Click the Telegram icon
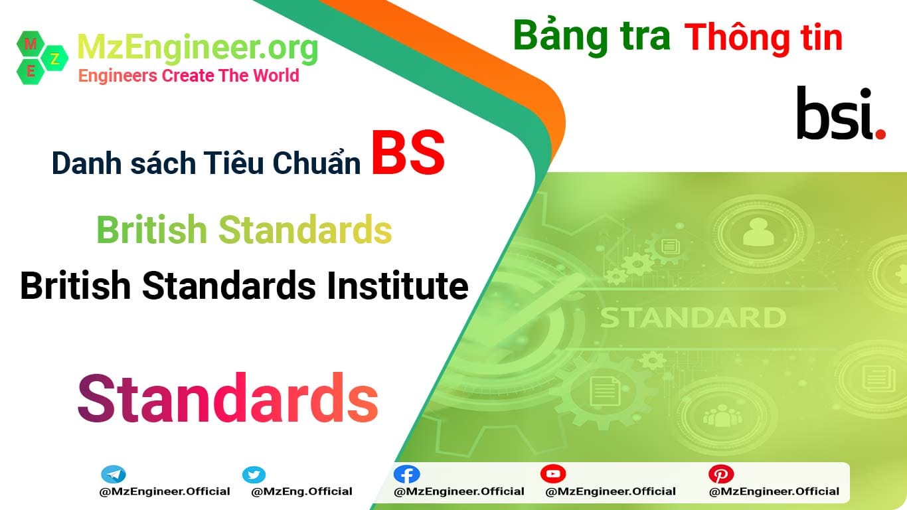coord(114,475)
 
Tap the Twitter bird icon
coord(254,475)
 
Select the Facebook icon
coord(406,474)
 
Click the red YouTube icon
coord(552,473)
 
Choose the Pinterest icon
coord(720,474)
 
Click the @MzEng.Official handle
coord(301,492)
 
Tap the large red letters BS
coord(408,154)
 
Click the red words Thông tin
coord(764,38)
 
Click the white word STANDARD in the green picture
coord(693,318)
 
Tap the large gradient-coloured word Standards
coord(228,399)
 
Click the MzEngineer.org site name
coord(198,47)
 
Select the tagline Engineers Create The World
coord(189,76)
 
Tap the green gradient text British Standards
coord(244,230)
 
